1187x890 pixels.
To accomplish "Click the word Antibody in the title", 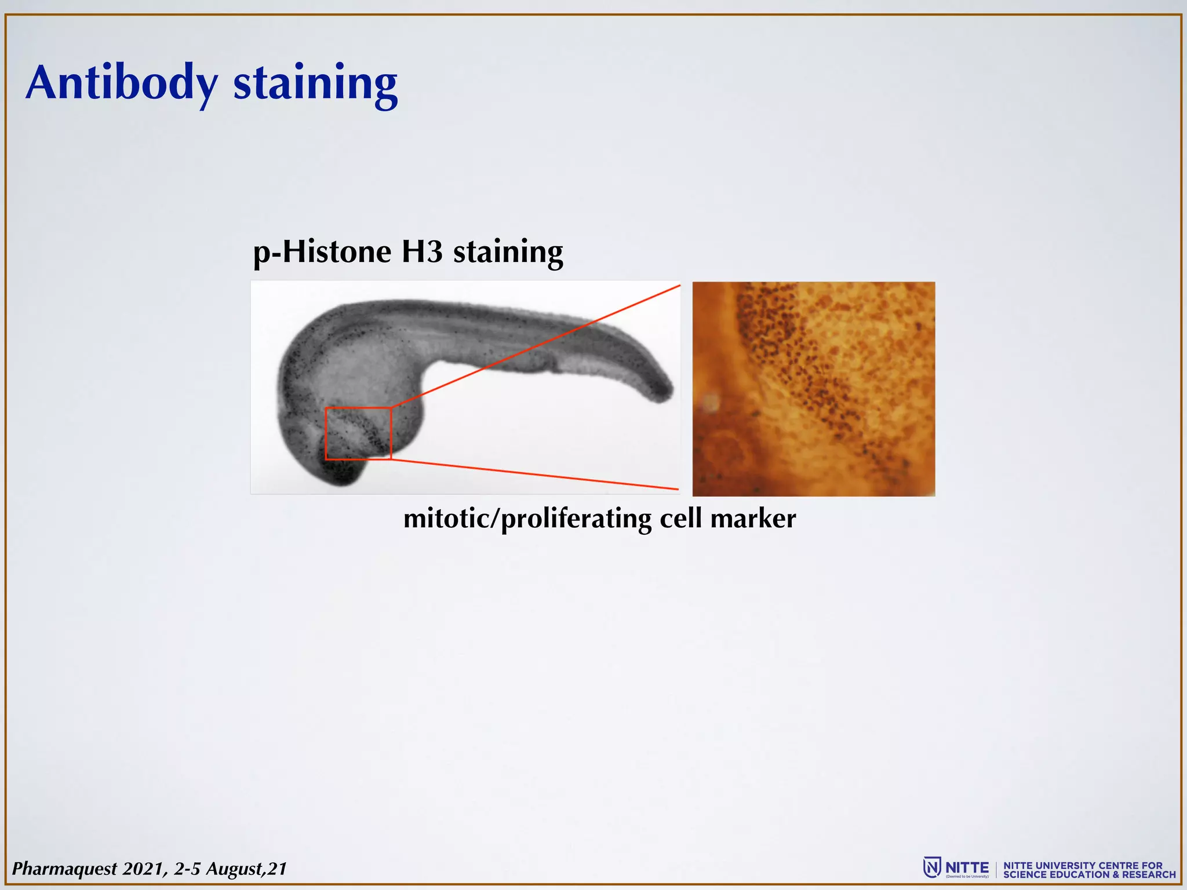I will [122, 83].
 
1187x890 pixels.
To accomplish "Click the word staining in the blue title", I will [315, 83].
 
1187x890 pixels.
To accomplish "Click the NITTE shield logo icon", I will [931, 868].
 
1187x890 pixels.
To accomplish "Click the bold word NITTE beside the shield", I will [967, 867].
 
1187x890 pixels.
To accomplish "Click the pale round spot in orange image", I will [711, 401].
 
